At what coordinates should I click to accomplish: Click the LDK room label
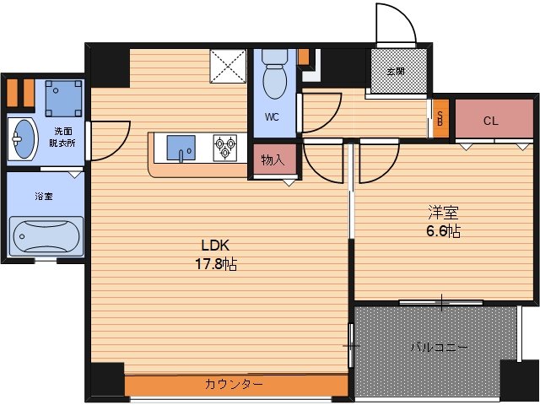coord(213,246)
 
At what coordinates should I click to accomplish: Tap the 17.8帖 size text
coord(218,263)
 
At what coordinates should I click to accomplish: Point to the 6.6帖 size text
coord(442,231)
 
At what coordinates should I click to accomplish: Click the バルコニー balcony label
coord(439,347)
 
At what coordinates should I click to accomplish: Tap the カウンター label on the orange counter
coord(234,385)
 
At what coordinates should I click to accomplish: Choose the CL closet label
coord(491,121)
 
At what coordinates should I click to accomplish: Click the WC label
coord(272,117)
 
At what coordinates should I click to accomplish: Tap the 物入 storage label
coord(272,160)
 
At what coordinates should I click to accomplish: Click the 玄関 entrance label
coord(396,71)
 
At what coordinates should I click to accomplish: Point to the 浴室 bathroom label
coord(43,196)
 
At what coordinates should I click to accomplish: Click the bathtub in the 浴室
coord(46,236)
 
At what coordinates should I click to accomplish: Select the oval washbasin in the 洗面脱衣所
coord(22,138)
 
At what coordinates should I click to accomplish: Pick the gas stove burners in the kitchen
coord(226,148)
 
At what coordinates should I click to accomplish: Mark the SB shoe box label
coord(440,120)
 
